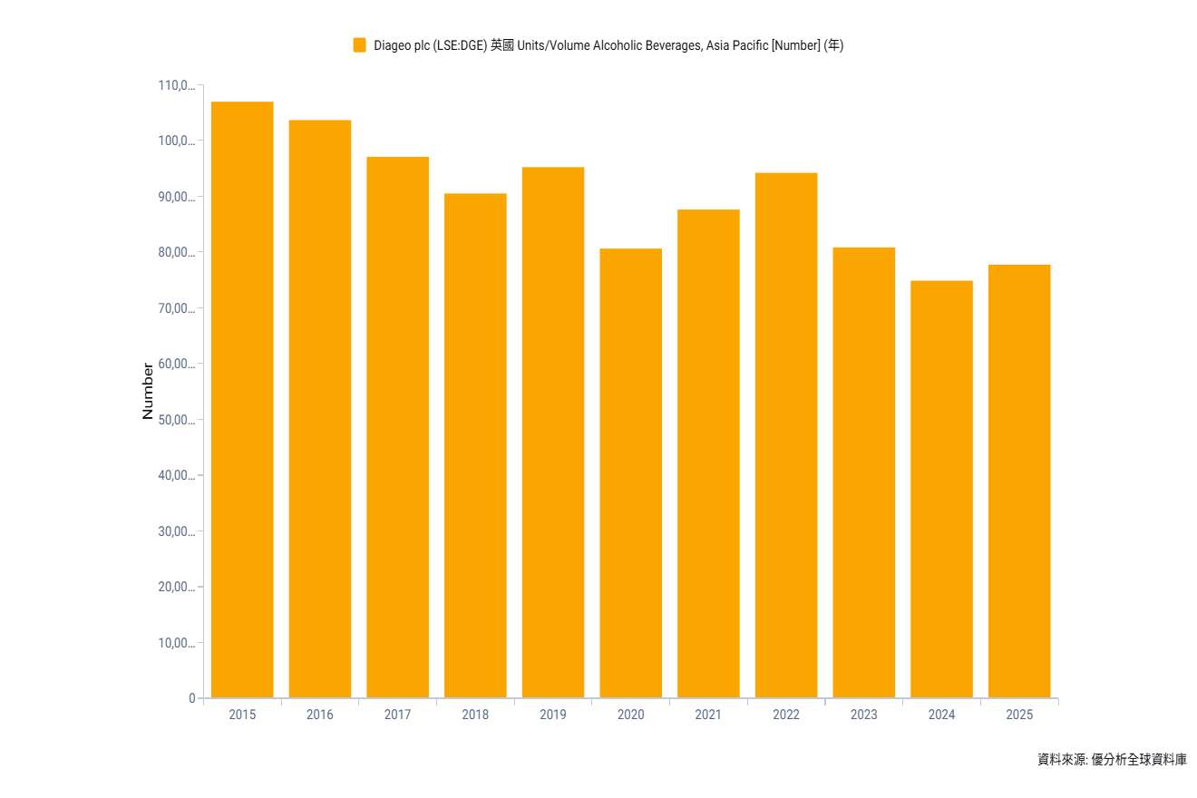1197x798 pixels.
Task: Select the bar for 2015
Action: [242, 399]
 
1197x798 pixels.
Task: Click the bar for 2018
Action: [475, 445]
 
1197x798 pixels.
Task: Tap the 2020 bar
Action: [630, 472]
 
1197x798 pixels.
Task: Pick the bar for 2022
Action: [786, 435]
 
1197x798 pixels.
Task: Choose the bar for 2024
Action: [941, 489]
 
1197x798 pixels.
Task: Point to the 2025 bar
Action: [1019, 481]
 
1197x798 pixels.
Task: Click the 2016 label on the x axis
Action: [320, 715]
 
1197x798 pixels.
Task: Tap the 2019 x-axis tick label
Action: [553, 715]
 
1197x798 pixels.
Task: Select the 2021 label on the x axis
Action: [708, 715]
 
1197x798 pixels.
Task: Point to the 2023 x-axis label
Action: [864, 715]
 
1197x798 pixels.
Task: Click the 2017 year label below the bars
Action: [397, 715]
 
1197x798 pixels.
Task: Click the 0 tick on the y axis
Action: [192, 698]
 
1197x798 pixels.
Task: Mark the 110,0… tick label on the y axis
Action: [176, 86]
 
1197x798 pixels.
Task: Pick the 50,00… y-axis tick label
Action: [176, 420]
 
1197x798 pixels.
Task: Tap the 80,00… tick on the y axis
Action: [176, 253]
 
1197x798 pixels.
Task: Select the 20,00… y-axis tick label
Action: [176, 587]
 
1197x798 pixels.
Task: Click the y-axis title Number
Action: [148, 391]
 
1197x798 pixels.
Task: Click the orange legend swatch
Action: [360, 45]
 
